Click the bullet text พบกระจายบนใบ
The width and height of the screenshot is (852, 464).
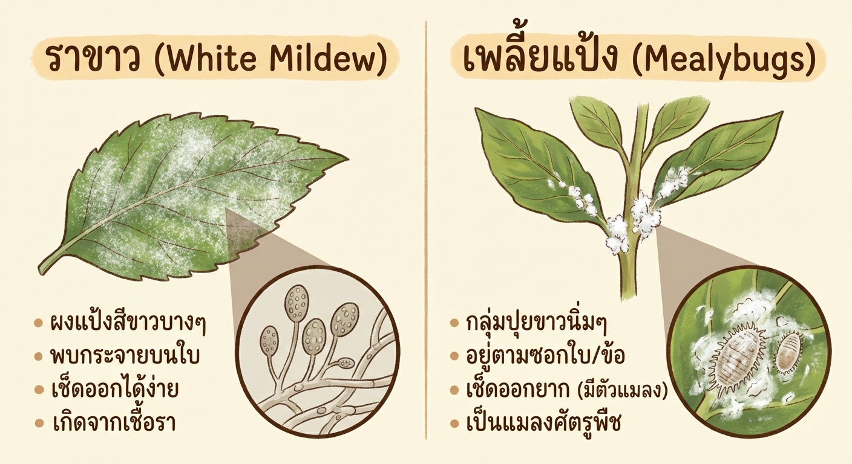(x=125, y=356)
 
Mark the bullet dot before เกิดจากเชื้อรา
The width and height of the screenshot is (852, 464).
(x=38, y=422)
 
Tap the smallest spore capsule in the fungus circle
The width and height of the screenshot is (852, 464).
(x=346, y=363)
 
